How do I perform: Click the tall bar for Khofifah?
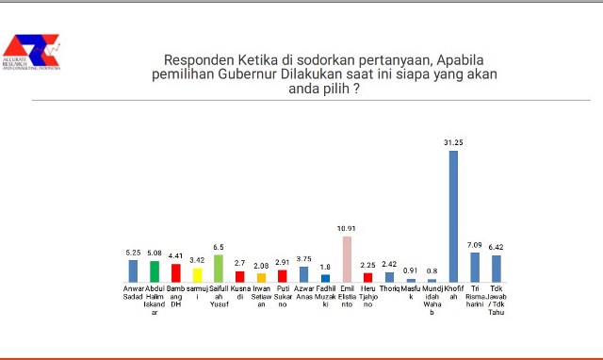(453, 216)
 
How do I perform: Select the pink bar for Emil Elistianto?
(347, 259)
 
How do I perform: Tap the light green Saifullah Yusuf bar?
(219, 269)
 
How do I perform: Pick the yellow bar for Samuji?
(197, 275)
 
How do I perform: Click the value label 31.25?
(453, 142)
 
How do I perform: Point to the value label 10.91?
(347, 229)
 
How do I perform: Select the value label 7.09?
(475, 245)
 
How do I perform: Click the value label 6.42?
(497, 248)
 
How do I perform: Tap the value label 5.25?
(133, 253)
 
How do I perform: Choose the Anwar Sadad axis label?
(133, 292)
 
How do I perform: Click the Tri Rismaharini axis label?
(475, 292)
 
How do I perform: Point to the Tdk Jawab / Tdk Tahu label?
(497, 300)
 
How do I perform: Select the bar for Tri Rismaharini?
(475, 268)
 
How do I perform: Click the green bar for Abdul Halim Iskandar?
(155, 271)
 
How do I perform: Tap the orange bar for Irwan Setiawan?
(261, 278)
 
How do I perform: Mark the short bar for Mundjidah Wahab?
(432, 281)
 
